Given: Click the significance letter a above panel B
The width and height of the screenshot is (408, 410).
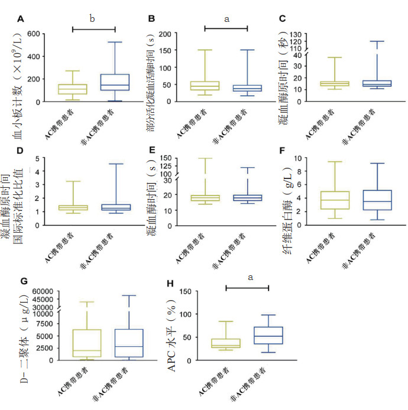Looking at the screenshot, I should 226,19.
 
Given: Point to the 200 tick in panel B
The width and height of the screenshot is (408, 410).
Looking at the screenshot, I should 165,34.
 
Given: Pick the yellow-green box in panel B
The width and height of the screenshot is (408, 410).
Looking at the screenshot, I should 204,86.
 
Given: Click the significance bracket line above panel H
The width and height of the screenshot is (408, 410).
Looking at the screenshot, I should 247,288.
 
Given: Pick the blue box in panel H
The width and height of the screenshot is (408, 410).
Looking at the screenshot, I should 268,336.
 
